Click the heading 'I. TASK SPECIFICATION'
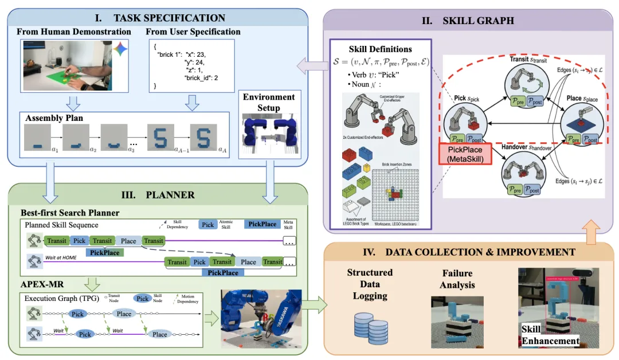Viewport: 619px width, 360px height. pyautogui.click(x=160, y=18)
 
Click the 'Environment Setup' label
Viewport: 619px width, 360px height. pyautogui.click(x=268, y=103)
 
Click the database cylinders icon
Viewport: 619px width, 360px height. pyautogui.click(x=369, y=325)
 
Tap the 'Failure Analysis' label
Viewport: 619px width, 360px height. pyautogui.click(x=457, y=279)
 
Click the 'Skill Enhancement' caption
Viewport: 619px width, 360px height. pyautogui.click(x=550, y=335)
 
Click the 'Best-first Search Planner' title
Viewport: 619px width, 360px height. pyautogui.click(x=70, y=213)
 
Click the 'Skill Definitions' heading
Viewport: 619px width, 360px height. pyautogui.click(x=380, y=49)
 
